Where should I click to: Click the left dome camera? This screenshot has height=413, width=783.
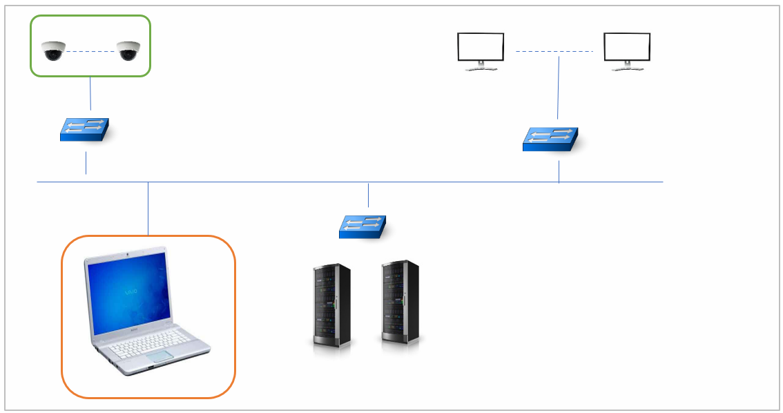(x=53, y=51)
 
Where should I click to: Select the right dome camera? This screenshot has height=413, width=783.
(x=128, y=51)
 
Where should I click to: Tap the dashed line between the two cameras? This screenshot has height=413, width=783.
(x=90, y=51)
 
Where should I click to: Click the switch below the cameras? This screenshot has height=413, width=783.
(x=85, y=130)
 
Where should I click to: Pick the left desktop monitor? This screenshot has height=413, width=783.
(x=481, y=49)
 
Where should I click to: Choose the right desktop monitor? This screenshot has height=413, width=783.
(x=627, y=49)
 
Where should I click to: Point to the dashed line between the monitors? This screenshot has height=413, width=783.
(x=554, y=51)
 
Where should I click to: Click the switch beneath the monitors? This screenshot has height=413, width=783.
(x=550, y=139)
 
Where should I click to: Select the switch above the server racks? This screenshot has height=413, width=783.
(x=362, y=227)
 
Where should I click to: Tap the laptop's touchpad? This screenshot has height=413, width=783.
(x=159, y=356)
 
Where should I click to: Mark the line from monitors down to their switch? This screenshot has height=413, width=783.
(x=558, y=90)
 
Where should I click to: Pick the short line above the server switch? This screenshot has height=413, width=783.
(x=369, y=195)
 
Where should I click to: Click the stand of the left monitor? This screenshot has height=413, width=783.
(x=481, y=66)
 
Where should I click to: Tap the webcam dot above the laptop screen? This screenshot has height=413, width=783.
(x=129, y=257)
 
